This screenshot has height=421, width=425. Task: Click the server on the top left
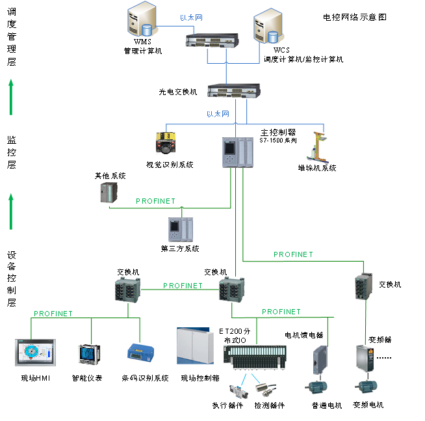[x=143, y=20]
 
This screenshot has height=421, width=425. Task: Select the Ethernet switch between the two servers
[x=212, y=40]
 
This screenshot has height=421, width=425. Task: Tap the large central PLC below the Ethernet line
[x=238, y=153]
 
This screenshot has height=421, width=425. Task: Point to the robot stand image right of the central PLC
[x=317, y=148]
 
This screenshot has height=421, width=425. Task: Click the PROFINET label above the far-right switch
[x=293, y=255]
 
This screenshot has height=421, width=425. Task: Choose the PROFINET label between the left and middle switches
[x=183, y=286]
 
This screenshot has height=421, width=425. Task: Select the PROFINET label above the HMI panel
[x=53, y=314]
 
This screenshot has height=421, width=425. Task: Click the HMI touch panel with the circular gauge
[x=36, y=352]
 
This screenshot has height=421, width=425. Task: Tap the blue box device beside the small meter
[x=140, y=352]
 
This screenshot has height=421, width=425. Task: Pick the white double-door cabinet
[x=195, y=346]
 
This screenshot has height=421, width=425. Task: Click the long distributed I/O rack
[x=255, y=357]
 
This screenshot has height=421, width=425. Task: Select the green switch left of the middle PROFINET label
[x=128, y=290]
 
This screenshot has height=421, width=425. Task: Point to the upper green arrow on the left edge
[x=11, y=97]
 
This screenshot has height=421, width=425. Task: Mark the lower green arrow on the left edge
[x=11, y=211]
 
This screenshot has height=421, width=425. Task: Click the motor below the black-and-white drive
[x=366, y=387]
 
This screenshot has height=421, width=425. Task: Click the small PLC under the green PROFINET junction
[x=181, y=230]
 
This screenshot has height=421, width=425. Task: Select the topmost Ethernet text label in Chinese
[x=191, y=18]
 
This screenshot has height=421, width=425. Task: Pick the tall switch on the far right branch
[x=364, y=286]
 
